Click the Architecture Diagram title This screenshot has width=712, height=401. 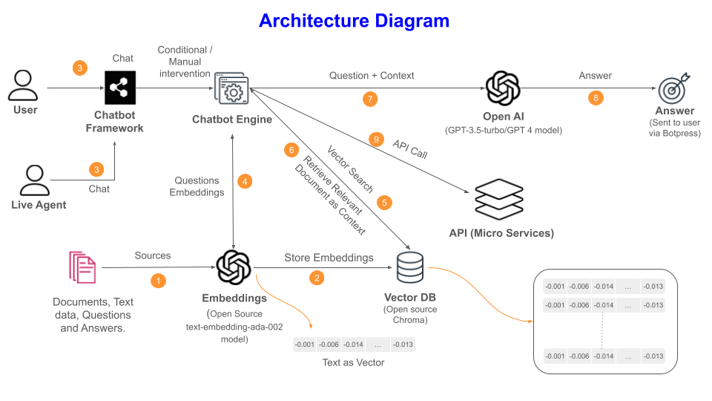tap(354, 21)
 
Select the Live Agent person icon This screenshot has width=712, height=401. tap(33, 180)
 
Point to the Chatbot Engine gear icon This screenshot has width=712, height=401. tap(233, 91)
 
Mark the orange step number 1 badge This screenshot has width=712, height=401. tap(158, 281)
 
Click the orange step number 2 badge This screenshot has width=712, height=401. tap(317, 278)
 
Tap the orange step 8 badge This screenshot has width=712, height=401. tap(596, 97)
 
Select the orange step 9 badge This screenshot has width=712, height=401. tap(376, 140)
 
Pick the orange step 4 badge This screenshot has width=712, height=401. tap(244, 180)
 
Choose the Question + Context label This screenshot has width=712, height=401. tap(372, 75)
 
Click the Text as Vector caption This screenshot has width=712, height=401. tap(353, 362)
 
